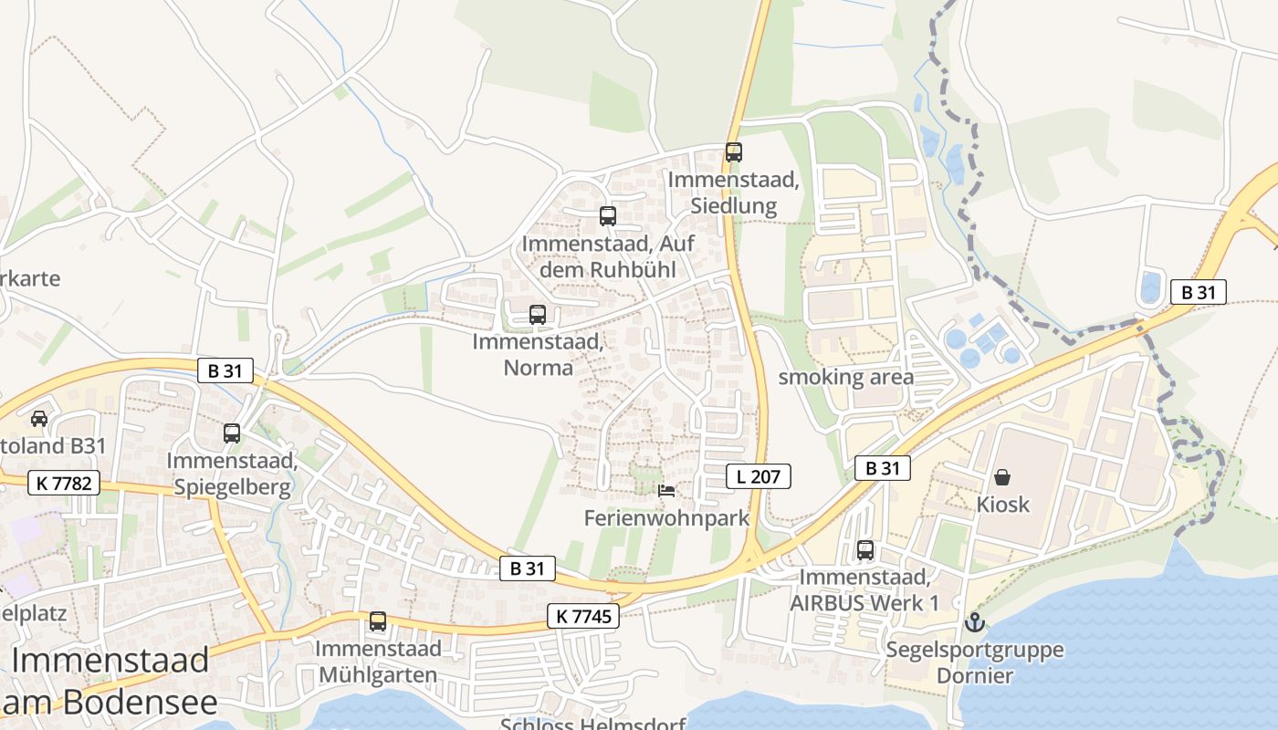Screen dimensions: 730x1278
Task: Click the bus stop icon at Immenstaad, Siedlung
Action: pyautogui.click(x=734, y=152)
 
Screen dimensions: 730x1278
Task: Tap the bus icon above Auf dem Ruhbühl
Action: pyautogui.click(x=608, y=216)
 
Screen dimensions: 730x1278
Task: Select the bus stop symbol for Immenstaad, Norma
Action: pyautogui.click(x=538, y=315)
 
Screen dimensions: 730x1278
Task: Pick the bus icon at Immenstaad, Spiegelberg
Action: pyautogui.click(x=232, y=433)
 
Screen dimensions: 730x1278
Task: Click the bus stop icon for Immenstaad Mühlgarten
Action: pyautogui.click(x=378, y=621)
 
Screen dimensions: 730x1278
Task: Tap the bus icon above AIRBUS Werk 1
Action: pyautogui.click(x=865, y=550)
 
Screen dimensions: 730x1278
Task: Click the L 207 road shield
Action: pyautogui.click(x=759, y=475)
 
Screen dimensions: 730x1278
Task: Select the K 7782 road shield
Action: pyautogui.click(x=64, y=483)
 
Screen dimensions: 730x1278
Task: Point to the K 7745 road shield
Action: pyautogui.click(x=583, y=616)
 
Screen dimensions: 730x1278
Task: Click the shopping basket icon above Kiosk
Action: pyautogui.click(x=1002, y=477)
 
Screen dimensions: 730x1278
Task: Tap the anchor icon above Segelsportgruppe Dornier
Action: pyautogui.click(x=975, y=623)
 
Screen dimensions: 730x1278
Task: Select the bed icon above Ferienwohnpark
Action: pyautogui.click(x=666, y=491)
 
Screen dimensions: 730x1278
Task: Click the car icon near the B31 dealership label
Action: pyautogui.click(x=39, y=419)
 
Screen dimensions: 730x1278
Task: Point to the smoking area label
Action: pyautogui.click(x=845, y=378)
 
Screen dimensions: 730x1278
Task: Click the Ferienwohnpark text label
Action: pyautogui.click(x=666, y=518)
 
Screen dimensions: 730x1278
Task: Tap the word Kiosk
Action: pyautogui.click(x=1002, y=505)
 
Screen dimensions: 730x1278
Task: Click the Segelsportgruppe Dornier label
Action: pyautogui.click(x=975, y=663)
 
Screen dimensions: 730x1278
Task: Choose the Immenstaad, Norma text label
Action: pyautogui.click(x=538, y=355)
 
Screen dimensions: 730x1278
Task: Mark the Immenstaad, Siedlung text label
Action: pyautogui.click(x=734, y=193)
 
